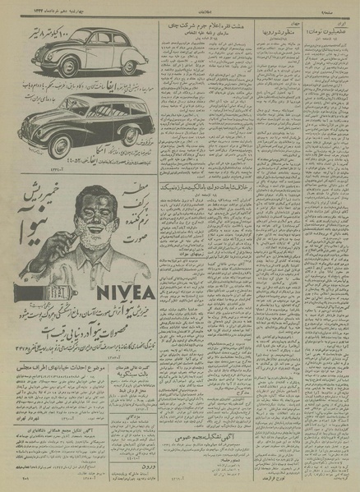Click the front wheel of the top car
coord(44,65)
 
